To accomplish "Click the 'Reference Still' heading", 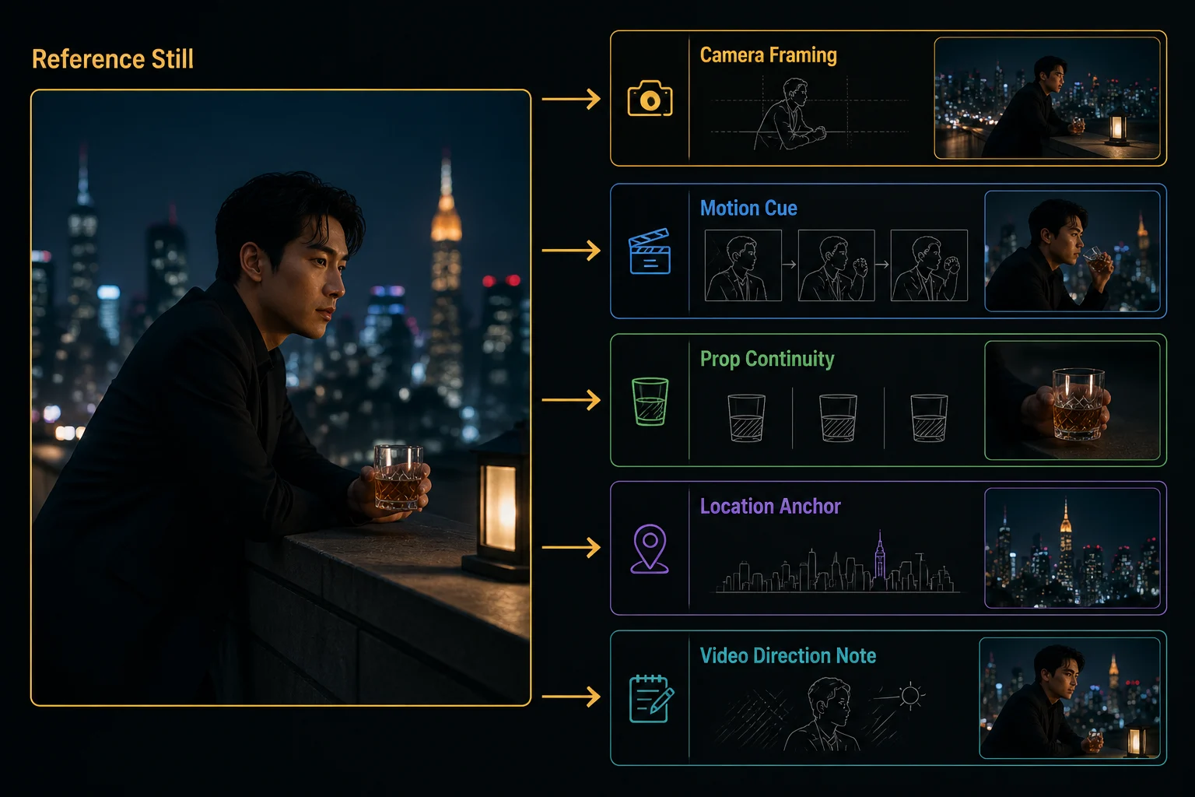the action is point(113,58).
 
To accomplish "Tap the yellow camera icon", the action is point(650,98).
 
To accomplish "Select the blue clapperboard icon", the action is point(650,251).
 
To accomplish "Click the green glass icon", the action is point(650,402).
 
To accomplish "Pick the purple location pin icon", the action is point(650,549).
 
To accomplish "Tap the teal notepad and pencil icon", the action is point(651,699).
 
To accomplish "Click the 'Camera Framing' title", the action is point(768,55).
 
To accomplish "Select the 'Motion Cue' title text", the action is point(748,208).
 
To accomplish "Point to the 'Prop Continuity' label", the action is point(767,360).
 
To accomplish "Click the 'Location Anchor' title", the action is point(770,506).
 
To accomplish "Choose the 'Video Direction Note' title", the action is point(788,655).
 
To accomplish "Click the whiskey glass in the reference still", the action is point(398,476).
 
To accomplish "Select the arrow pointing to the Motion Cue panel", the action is point(571,251).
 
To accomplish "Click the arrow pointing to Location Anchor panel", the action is point(571,548).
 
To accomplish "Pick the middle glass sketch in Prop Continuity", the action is point(838,418).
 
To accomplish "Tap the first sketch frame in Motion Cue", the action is point(743,265).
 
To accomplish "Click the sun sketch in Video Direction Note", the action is point(910,696).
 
